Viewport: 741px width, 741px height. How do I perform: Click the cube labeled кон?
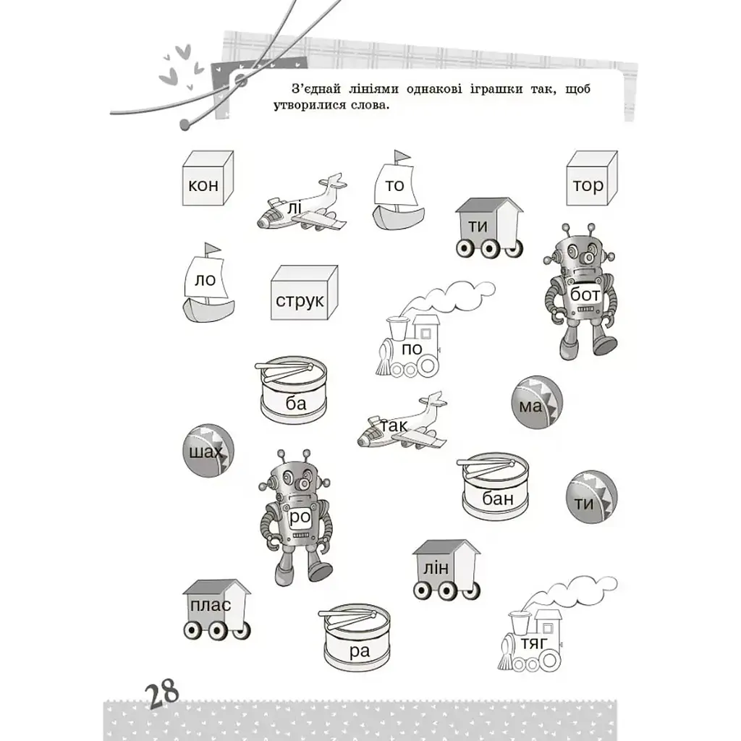(208, 178)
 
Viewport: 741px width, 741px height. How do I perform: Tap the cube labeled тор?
(592, 178)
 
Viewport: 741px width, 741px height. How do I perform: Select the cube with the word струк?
(305, 293)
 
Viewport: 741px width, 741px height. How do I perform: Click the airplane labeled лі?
(302, 203)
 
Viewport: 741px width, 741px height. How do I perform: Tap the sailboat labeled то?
(397, 190)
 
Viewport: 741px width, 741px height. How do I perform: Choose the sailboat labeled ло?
(208, 282)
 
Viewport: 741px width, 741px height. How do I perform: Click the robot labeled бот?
(580, 291)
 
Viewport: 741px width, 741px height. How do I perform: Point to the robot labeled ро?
(296, 517)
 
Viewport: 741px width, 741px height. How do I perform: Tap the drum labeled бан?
(494, 486)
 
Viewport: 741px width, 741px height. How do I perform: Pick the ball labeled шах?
(208, 450)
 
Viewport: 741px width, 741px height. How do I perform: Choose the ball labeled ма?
(537, 402)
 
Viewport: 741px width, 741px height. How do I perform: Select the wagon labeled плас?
(216, 610)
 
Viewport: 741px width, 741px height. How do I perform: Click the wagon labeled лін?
(446, 570)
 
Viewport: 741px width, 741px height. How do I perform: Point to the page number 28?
(162, 694)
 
